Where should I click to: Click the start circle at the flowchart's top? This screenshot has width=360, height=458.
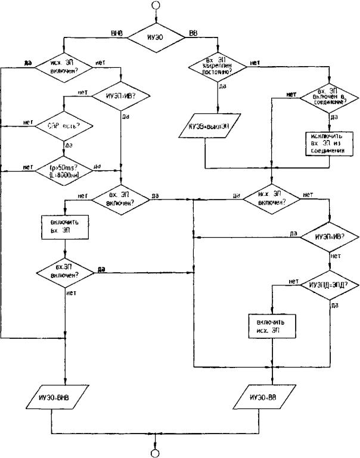[156, 6]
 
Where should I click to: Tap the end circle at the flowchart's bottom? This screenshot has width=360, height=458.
[156, 453]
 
